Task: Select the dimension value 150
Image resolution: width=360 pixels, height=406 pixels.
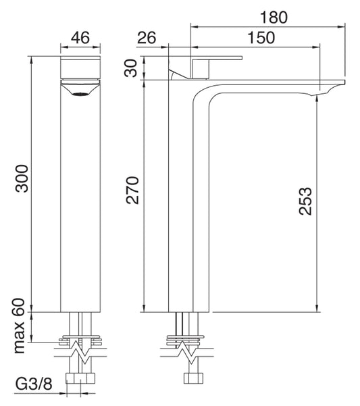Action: (x=261, y=38)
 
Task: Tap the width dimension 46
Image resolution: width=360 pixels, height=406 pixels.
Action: (x=80, y=38)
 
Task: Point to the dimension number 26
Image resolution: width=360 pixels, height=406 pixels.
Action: (x=147, y=38)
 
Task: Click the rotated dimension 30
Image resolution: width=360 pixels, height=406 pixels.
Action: (x=132, y=68)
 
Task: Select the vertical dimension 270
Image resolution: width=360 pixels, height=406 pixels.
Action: (x=132, y=191)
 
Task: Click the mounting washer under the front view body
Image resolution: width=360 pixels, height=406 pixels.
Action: (x=80, y=338)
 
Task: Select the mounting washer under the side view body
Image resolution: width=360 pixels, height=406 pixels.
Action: (x=184, y=338)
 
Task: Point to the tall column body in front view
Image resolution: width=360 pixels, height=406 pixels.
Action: (x=80, y=203)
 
